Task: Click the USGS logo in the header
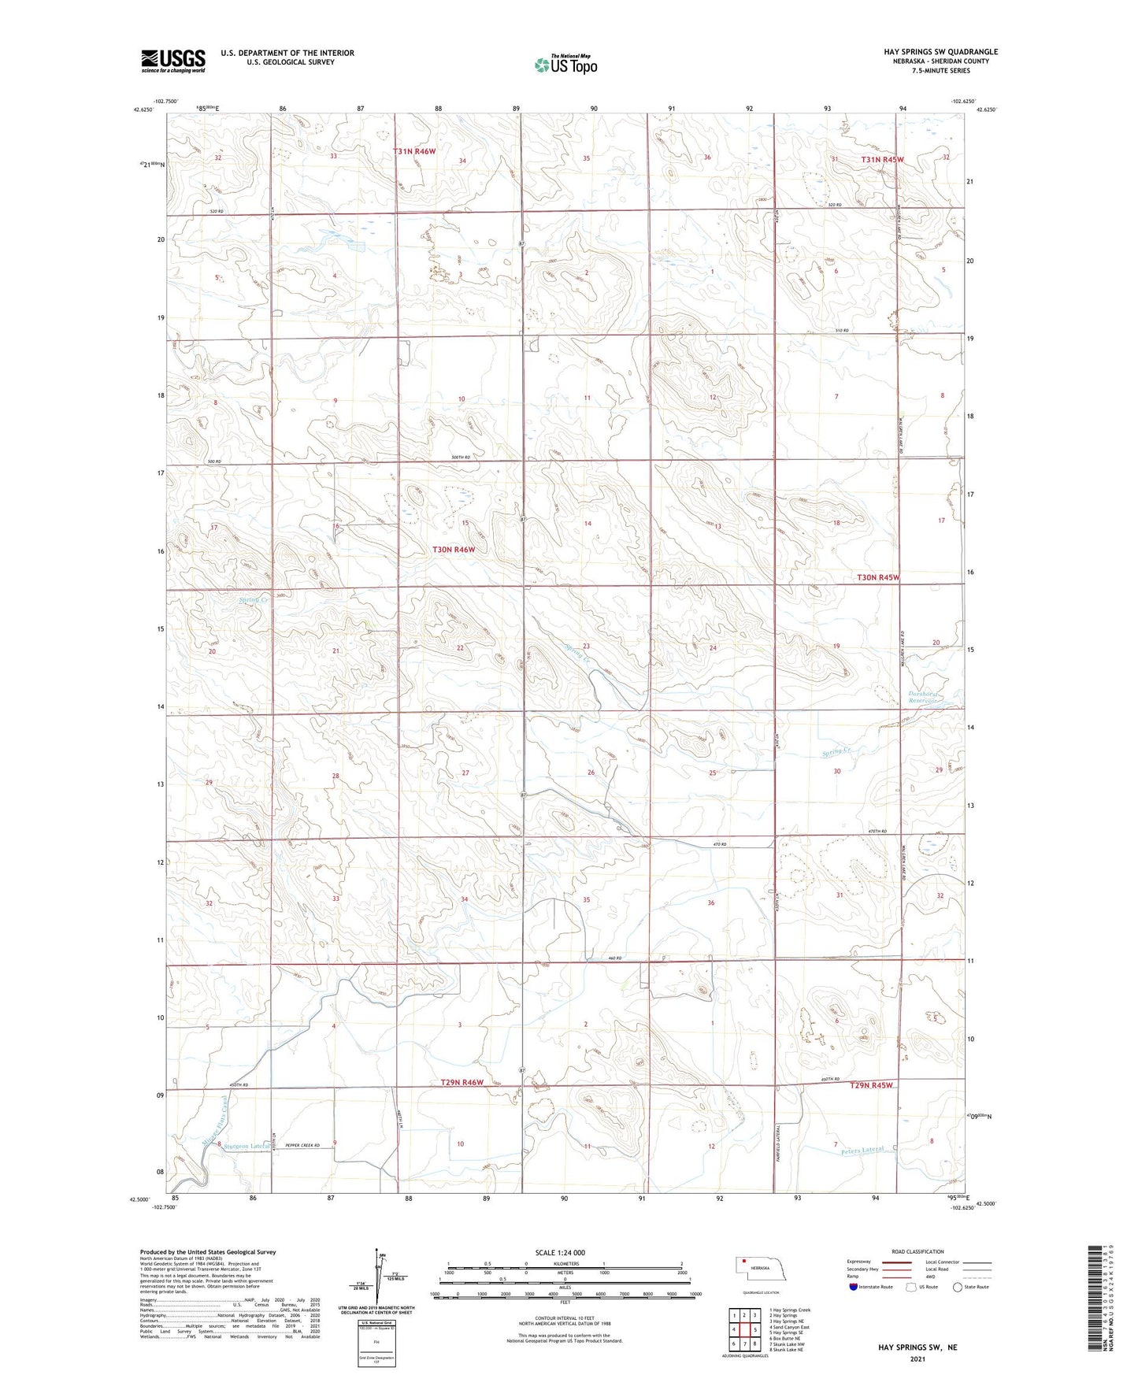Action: pyautogui.click(x=173, y=60)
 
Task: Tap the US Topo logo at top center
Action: pyautogui.click(x=565, y=65)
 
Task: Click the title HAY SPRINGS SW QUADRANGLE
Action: pyautogui.click(x=940, y=52)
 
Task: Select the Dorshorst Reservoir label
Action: pyautogui.click(x=922, y=697)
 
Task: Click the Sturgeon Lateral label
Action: pyautogui.click(x=247, y=1146)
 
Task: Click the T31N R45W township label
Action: pyautogui.click(x=882, y=160)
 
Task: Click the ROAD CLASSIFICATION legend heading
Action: pyautogui.click(x=917, y=1251)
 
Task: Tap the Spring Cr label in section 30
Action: pyautogui.click(x=837, y=753)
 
